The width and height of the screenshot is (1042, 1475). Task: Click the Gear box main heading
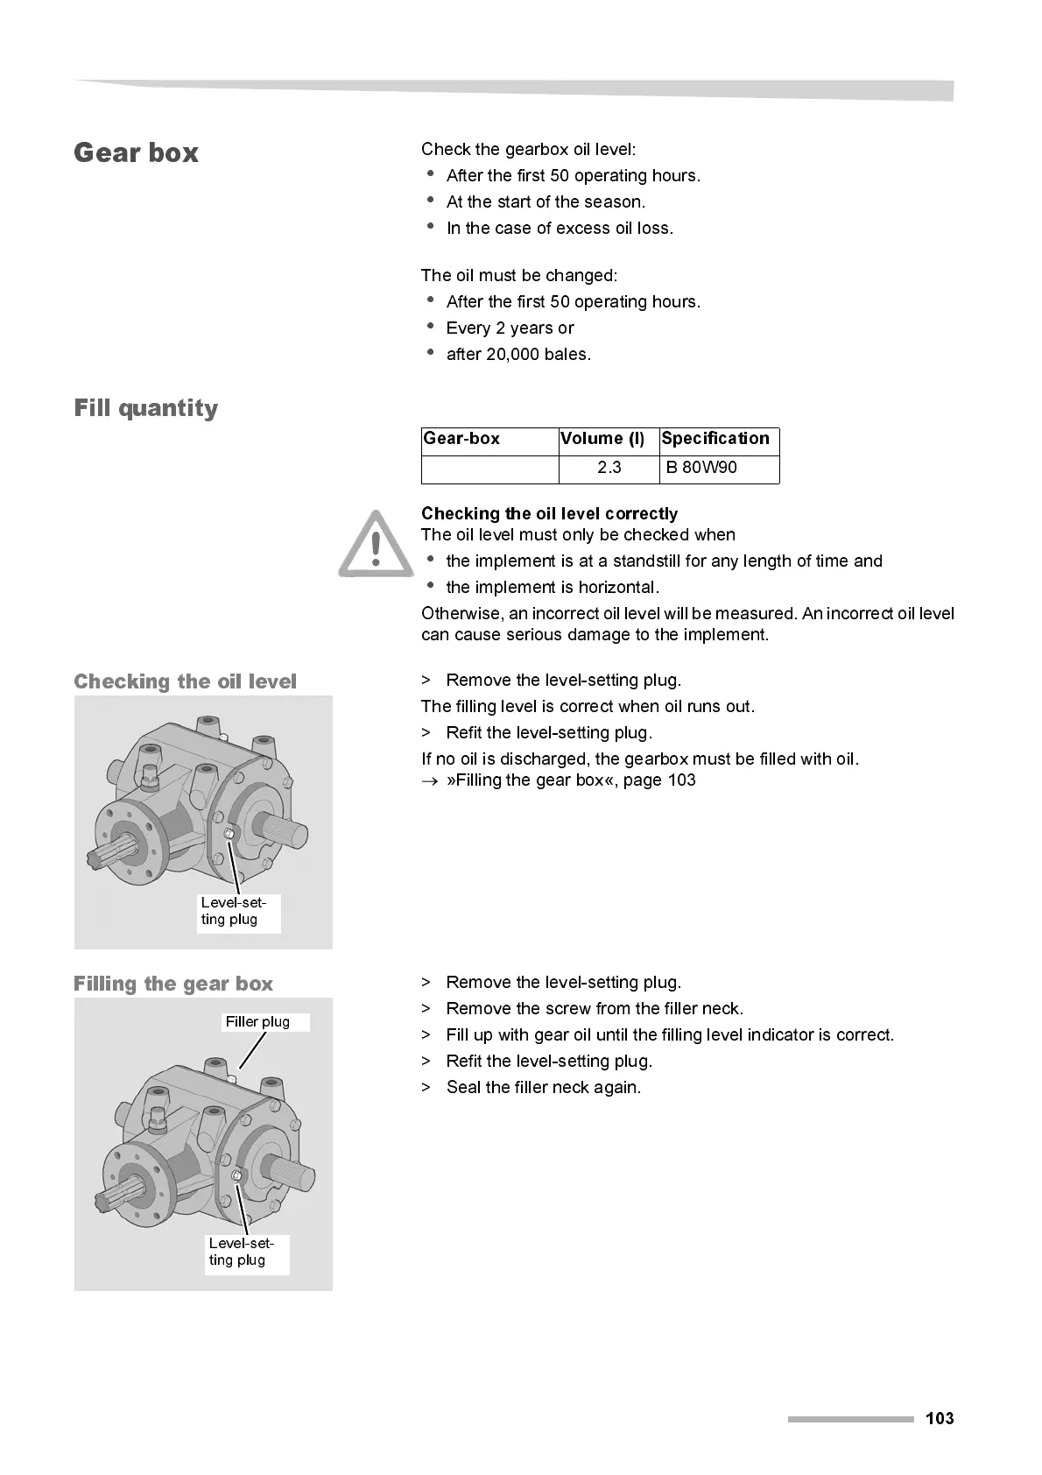click(136, 153)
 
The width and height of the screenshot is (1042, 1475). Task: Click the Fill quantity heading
click(146, 409)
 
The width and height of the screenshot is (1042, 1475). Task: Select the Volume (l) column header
click(602, 439)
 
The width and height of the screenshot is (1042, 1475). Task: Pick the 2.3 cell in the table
click(609, 468)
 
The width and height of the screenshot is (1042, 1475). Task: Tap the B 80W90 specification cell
click(701, 468)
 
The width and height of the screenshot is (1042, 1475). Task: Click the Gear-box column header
click(461, 439)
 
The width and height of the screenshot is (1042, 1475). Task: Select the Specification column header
click(715, 439)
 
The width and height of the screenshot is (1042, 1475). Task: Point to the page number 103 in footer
click(940, 1419)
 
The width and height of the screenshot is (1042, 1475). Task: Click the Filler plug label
click(257, 1022)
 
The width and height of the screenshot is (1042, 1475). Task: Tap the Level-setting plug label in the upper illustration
click(234, 911)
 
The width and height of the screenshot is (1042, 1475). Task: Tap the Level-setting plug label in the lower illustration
click(241, 1252)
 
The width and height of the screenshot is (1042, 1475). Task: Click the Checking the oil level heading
click(186, 681)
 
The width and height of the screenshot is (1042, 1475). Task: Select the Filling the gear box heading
click(173, 984)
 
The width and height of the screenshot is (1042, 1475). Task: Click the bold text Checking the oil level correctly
click(549, 514)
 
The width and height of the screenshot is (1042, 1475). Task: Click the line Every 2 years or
click(510, 328)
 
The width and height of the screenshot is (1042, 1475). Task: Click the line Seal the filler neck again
click(543, 1088)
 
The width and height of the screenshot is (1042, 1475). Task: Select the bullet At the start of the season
click(546, 202)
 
